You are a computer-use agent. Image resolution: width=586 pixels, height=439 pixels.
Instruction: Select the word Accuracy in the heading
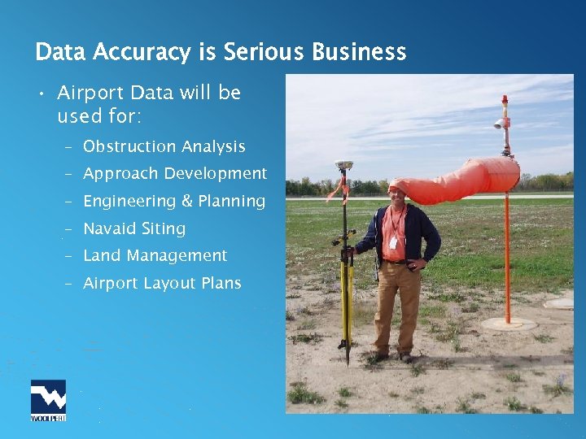click(x=142, y=53)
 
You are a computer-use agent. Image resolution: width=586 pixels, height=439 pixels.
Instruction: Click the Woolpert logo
click(x=48, y=400)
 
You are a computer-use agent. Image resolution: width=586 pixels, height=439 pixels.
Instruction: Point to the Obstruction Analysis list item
click(x=164, y=147)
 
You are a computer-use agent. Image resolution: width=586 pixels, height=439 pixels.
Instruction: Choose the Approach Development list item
click(x=175, y=174)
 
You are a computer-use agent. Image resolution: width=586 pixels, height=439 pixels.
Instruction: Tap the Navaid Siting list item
click(x=134, y=228)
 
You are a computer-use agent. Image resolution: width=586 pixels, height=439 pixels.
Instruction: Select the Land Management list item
click(x=155, y=255)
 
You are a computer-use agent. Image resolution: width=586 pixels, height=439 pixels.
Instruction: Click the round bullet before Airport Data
click(x=40, y=94)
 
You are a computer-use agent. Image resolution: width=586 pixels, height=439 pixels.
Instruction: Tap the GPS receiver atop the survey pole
click(x=343, y=165)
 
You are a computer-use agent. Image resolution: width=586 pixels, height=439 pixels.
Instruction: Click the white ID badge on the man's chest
click(x=392, y=241)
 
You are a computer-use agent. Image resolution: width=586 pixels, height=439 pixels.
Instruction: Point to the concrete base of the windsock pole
click(x=509, y=324)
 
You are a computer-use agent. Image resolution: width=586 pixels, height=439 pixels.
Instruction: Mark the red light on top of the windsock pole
click(x=505, y=100)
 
